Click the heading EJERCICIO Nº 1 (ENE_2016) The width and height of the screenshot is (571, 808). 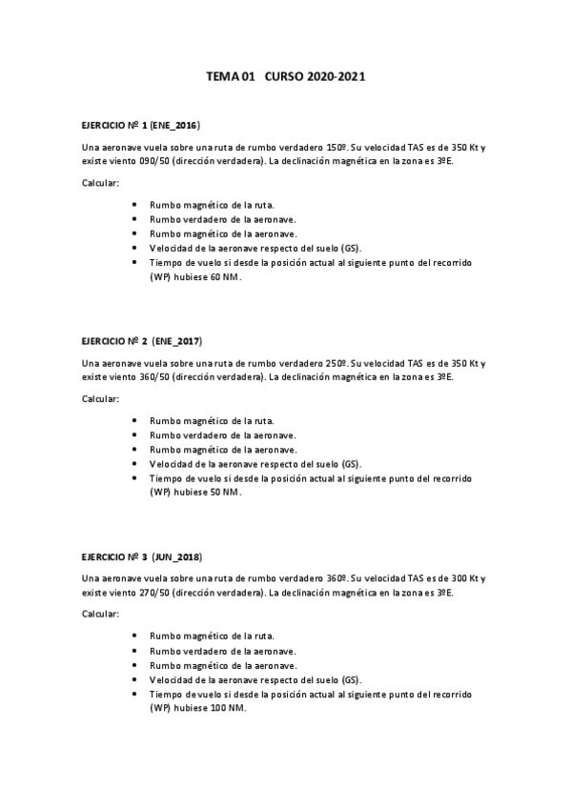pyautogui.click(x=141, y=125)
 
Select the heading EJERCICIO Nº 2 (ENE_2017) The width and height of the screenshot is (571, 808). pyautogui.click(x=142, y=341)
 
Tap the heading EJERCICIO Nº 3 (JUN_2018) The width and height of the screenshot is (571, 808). pyautogui.click(x=142, y=556)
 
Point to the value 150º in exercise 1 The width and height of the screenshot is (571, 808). pyautogui.click(x=337, y=148)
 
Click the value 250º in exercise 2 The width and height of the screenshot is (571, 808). pyautogui.click(x=337, y=363)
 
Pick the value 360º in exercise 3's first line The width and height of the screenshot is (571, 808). pyautogui.click(x=337, y=578)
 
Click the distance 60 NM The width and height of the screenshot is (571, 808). pyautogui.click(x=224, y=276)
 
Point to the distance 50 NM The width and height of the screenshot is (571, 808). pyautogui.click(x=224, y=492)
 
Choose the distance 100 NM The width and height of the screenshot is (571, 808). pyautogui.click(x=227, y=707)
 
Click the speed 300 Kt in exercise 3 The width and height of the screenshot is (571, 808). pyautogui.click(x=467, y=578)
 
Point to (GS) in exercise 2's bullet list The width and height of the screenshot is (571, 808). pyautogui.click(x=351, y=463)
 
